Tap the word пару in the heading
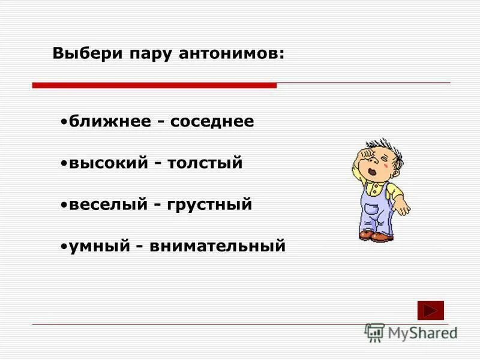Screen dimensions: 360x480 [148, 53]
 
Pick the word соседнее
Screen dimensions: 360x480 [212, 122]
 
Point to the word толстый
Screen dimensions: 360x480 [205, 163]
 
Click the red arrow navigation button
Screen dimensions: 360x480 [430, 310]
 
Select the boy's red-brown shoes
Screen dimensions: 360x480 [376, 236]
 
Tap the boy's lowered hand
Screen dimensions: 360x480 [403, 206]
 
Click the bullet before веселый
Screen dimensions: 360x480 [64, 205]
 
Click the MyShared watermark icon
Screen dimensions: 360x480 [374, 332]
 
